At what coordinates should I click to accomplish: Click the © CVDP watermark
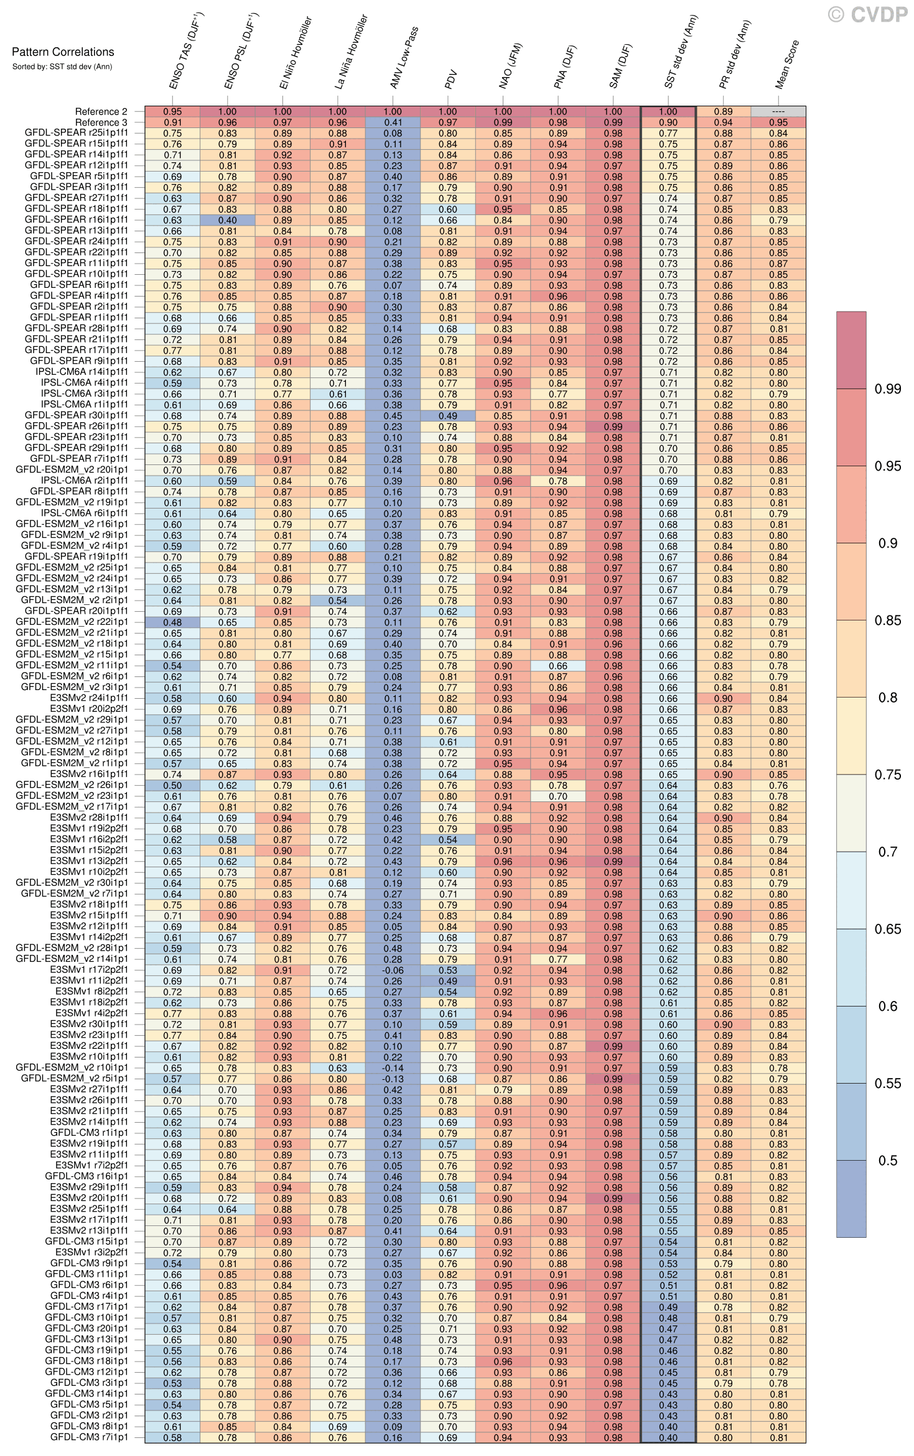tap(868, 14)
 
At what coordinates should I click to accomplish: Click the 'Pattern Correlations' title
tap(63, 52)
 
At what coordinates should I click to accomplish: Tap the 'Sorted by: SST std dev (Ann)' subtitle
tap(62, 67)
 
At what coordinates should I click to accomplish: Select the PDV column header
tap(452, 79)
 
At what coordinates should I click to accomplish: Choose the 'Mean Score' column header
tap(787, 65)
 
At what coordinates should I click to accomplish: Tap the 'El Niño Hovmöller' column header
tap(296, 53)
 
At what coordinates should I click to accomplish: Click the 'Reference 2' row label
tap(101, 112)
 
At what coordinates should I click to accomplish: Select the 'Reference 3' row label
tap(101, 122)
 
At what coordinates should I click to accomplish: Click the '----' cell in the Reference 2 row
tap(778, 112)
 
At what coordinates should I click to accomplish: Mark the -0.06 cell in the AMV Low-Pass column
tap(393, 970)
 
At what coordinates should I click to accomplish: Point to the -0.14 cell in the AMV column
tap(393, 1068)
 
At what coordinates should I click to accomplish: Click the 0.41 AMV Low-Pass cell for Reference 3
tap(393, 122)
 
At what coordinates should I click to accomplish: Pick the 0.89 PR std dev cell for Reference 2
tap(723, 112)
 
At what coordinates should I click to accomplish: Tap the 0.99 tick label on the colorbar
tap(887, 389)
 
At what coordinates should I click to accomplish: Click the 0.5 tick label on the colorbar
tap(887, 1160)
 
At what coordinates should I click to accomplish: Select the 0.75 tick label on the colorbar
tap(887, 775)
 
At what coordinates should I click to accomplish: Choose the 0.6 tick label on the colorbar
tap(887, 1006)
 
